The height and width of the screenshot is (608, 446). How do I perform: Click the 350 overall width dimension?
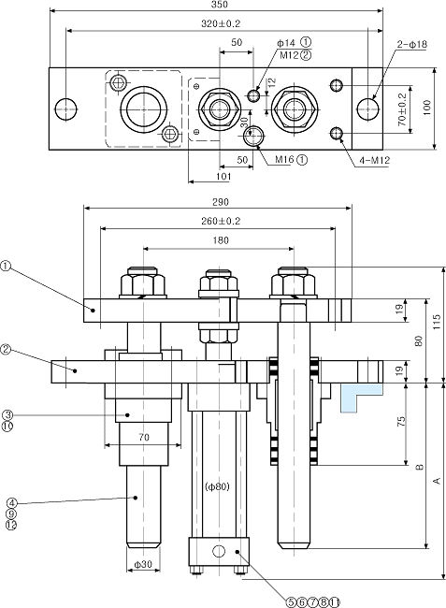tap(220, 5)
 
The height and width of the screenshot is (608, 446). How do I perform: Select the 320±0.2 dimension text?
tap(221, 23)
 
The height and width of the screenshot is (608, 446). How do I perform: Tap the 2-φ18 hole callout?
tap(411, 45)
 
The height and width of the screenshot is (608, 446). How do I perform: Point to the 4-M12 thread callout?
tap(374, 161)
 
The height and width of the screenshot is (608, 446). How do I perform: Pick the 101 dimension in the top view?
tap(223, 177)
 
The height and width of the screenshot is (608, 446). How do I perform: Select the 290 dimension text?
tap(221, 202)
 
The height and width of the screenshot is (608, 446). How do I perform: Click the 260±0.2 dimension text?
tap(221, 221)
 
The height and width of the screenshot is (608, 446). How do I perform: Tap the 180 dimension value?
tap(221, 240)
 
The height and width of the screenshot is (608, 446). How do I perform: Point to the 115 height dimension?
tap(437, 322)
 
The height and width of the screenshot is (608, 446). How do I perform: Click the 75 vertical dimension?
tap(401, 421)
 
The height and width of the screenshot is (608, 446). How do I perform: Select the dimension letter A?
tap(437, 481)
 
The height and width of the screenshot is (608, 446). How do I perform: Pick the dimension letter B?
tap(419, 468)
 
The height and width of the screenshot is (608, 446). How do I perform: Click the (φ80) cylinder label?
tap(217, 486)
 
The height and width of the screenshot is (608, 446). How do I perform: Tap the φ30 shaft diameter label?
tap(143, 565)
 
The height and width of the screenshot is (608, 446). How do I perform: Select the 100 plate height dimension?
tap(426, 109)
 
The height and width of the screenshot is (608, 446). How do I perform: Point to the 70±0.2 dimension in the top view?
tap(402, 109)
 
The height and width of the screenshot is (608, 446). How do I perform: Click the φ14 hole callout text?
tap(286, 43)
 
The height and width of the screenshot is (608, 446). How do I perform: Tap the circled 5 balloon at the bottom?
tap(290, 602)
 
